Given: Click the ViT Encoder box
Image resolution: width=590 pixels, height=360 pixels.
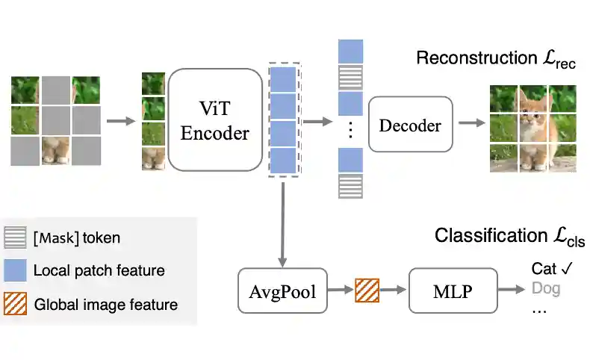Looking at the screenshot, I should point(214,120).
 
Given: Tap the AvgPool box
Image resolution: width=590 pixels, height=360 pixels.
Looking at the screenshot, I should point(282,291).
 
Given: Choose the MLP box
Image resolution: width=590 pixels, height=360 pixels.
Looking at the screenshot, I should point(453,291).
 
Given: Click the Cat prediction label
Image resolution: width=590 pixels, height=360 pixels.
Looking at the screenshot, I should point(544,268).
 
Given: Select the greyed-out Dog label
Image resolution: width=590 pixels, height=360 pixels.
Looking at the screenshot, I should point(545,288).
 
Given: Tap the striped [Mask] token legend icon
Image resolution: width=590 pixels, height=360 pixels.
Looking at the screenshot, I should point(16,238).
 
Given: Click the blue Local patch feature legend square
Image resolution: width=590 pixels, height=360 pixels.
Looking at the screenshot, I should point(16,270).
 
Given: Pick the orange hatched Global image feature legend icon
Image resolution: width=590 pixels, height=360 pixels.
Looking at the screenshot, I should point(16,304).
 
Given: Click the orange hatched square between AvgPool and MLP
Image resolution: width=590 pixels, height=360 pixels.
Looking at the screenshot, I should point(367,290).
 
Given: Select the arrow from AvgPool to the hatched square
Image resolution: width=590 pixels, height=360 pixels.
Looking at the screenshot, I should point(341,290).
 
